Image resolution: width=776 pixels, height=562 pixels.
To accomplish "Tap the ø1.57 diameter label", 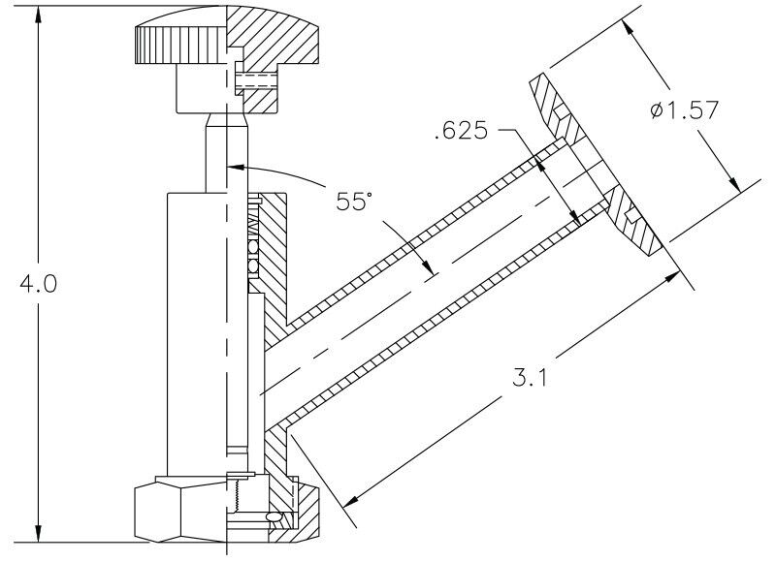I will [x=685, y=110].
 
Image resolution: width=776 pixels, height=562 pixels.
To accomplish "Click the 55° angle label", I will [x=355, y=203].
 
